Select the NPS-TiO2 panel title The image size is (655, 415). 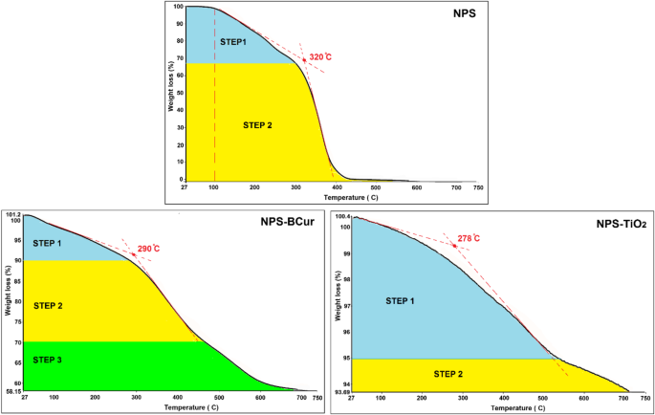608,226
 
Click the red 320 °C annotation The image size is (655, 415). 320,57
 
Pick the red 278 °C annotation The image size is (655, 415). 468,237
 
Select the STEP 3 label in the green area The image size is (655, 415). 47,360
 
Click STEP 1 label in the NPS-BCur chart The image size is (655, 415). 47,243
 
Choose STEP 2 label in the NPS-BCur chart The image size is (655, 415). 47,306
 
